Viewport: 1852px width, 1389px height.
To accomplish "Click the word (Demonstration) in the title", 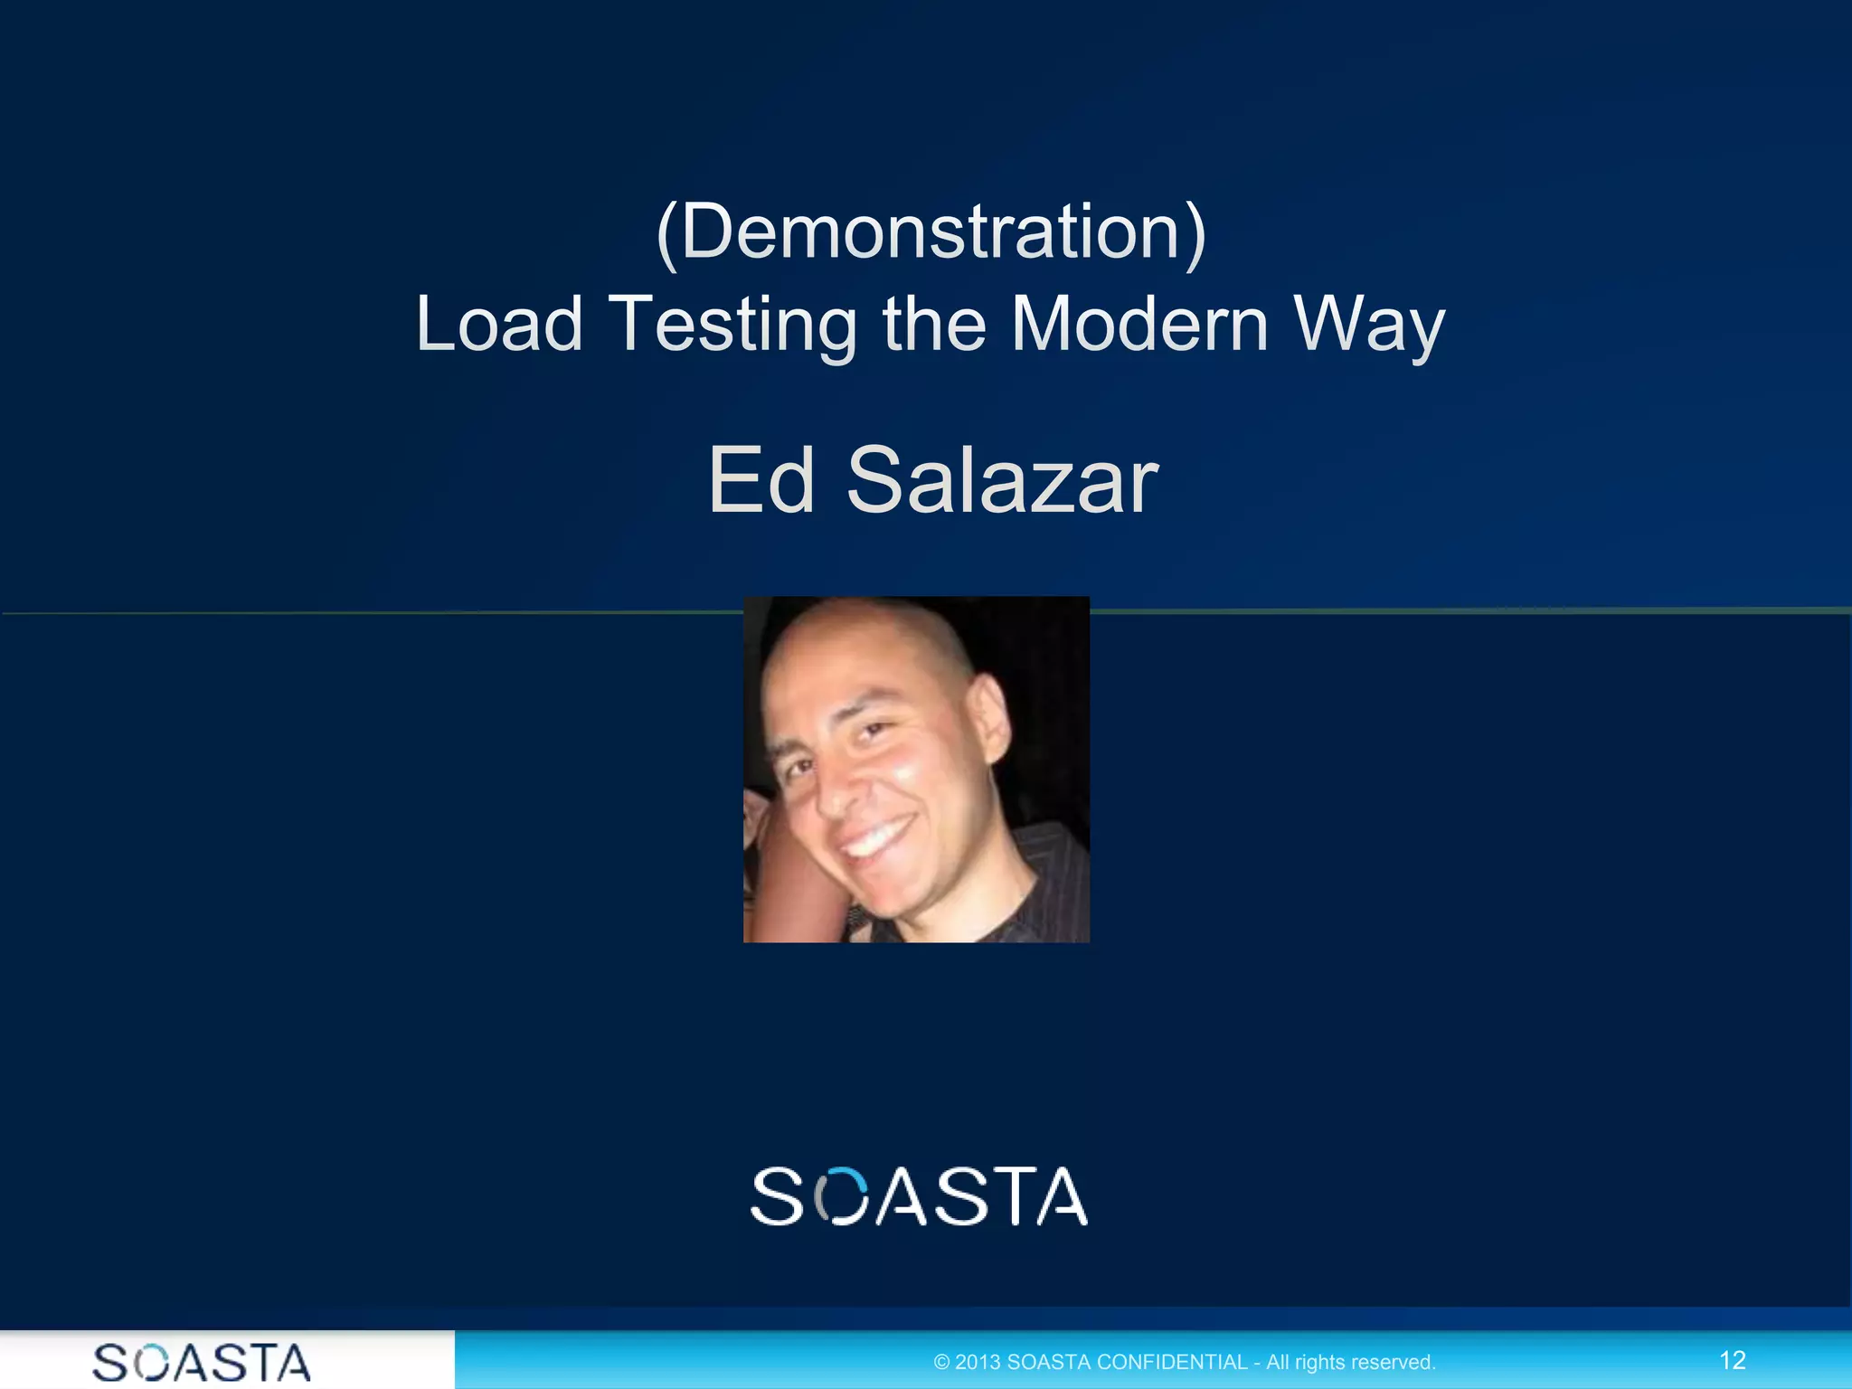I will click(931, 232).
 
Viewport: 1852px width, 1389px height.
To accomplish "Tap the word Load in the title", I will click(499, 324).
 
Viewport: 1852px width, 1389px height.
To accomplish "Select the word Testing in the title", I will click(732, 326).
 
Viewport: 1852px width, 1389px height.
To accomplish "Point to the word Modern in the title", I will click(1139, 324).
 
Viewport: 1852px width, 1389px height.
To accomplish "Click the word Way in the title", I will click(1369, 326).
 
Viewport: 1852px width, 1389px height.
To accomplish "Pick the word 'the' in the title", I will click(933, 324).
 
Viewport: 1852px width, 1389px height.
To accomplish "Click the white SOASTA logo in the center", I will click(919, 1196).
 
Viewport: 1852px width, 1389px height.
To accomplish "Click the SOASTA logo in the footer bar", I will click(202, 1362).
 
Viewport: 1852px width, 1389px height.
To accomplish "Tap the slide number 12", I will click(1732, 1360).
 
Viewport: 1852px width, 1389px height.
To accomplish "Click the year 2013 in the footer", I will click(978, 1362).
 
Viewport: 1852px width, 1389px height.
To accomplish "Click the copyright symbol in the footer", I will click(941, 1362).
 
